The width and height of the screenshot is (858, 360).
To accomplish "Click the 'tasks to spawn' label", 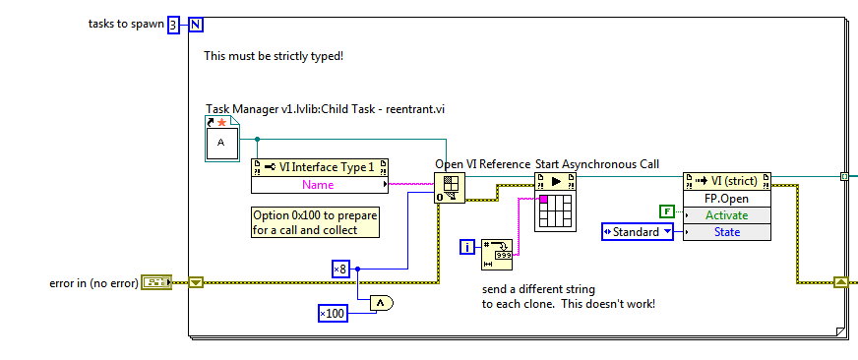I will point(126,24).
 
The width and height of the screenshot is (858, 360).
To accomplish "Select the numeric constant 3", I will point(173,25).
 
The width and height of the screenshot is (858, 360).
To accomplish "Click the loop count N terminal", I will point(195,25).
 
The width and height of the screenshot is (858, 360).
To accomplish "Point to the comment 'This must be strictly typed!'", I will point(273,56).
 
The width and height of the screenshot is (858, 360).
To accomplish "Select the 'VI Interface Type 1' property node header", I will point(320,166).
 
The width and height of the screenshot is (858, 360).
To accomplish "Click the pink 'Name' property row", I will point(318,183).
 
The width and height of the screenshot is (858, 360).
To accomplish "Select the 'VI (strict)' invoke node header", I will point(726,181).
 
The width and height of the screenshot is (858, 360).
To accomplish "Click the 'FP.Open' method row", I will point(726,198).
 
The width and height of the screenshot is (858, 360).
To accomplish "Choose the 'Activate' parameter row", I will point(726,214).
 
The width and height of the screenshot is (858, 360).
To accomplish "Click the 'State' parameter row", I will point(726,232).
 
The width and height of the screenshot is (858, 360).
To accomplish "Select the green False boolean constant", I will point(665,210).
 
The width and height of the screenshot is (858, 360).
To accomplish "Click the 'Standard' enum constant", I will point(637,232).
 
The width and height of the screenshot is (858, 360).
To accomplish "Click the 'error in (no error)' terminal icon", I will point(155,283).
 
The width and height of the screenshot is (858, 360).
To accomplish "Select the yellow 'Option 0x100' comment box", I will point(315,222).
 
